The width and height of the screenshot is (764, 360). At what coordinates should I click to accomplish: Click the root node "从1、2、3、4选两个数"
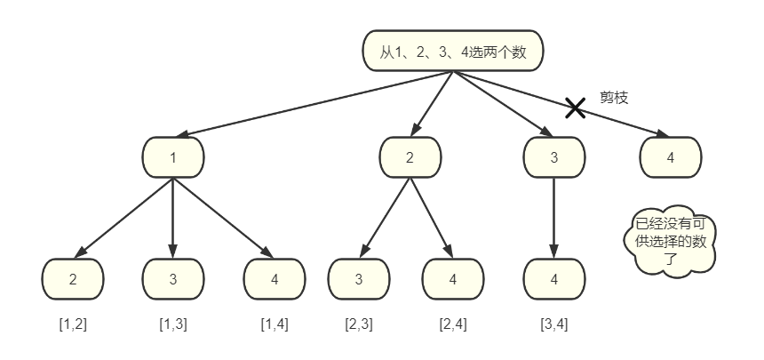[453, 52]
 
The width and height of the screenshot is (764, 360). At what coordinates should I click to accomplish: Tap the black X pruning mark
[576, 108]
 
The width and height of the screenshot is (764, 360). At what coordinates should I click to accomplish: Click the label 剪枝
[614, 98]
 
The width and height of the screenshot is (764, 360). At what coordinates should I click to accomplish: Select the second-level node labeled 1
[173, 157]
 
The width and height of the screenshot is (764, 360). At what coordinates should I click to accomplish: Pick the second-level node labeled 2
[410, 157]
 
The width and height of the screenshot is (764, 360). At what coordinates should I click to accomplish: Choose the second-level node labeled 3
[554, 157]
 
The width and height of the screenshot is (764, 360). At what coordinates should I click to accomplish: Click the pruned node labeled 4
[671, 157]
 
